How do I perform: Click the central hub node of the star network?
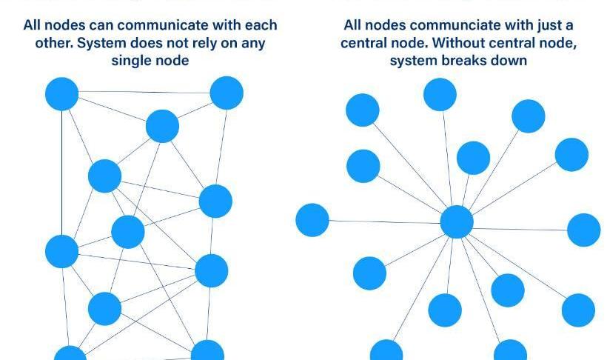click(457, 221)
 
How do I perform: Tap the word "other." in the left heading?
click(54, 43)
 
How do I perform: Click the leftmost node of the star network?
click(312, 220)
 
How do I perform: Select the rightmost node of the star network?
click(583, 230)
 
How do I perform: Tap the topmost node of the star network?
click(440, 95)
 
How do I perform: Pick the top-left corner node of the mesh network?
click(61, 94)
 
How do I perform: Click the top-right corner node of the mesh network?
click(227, 93)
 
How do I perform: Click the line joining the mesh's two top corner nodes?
click(144, 93)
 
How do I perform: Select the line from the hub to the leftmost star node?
click(385, 221)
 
